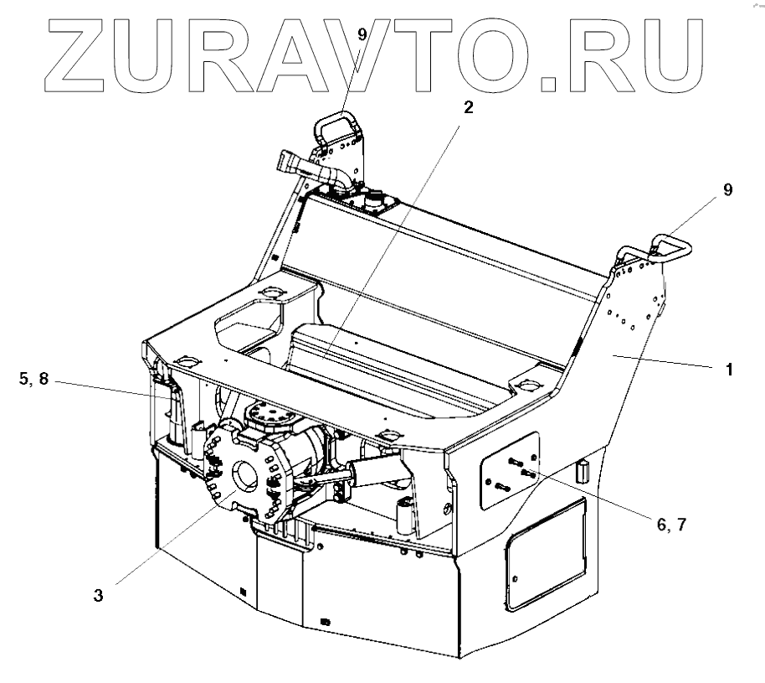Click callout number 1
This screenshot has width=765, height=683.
[x=729, y=368]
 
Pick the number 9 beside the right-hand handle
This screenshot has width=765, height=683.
[x=727, y=190]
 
